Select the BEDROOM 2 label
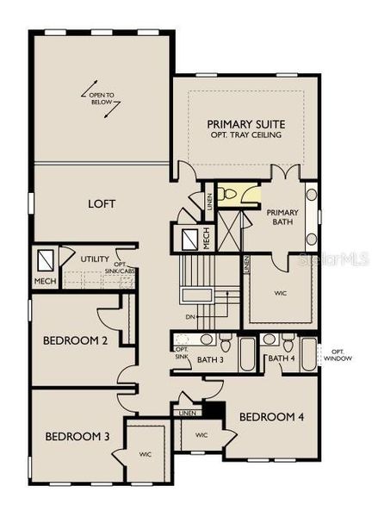[75, 340]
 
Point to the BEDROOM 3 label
[77, 435]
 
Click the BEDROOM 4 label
[271, 417]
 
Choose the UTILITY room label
[95, 258]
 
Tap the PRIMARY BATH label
[281, 216]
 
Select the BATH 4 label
[281, 358]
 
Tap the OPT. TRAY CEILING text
[246, 137]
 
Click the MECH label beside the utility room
[44, 281]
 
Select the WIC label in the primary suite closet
[282, 294]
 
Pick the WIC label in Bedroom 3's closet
[145, 452]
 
